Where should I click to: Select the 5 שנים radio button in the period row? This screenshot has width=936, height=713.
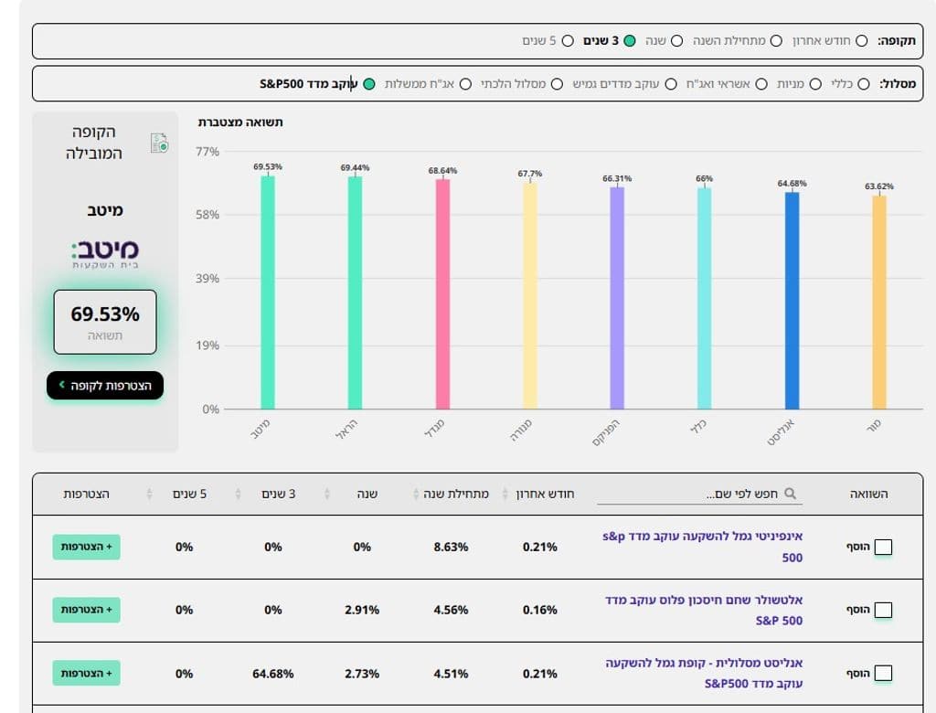pos(568,41)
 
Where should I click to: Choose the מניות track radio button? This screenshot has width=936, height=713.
pos(815,84)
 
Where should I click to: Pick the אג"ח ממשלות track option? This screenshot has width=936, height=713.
pos(465,84)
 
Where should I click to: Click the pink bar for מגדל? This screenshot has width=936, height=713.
pos(442,293)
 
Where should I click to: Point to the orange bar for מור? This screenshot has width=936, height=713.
pos(878,302)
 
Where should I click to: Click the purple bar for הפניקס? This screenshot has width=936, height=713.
pos(617,297)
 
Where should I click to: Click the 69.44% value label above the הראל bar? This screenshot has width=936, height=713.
pos(356,168)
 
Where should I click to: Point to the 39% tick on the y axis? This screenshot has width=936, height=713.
pos(208,279)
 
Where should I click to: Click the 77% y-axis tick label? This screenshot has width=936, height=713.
pos(208,152)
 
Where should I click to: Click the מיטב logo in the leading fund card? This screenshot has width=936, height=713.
pos(105,253)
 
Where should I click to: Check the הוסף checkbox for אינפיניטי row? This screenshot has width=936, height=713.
pos(883,548)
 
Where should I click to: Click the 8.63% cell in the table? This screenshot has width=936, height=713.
pos(451,547)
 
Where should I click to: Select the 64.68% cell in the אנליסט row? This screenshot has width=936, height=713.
pos(273,674)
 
